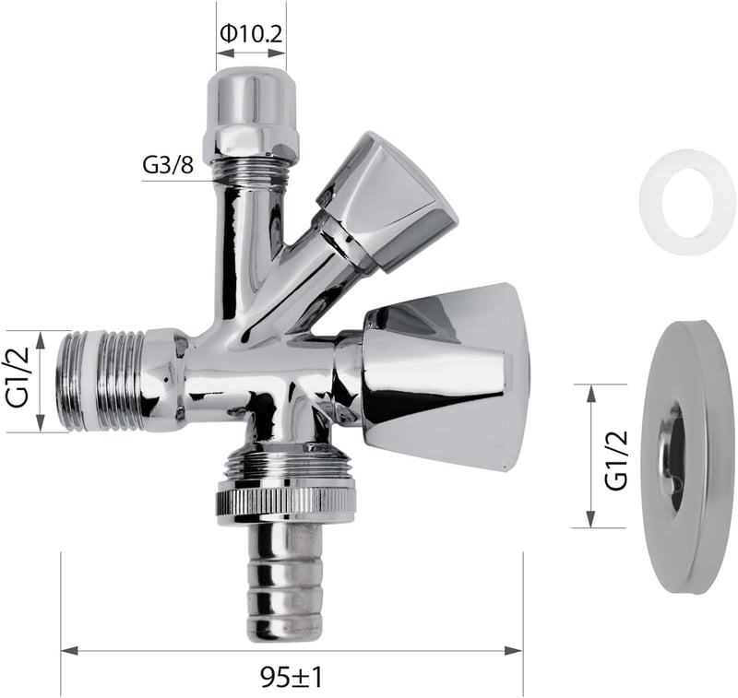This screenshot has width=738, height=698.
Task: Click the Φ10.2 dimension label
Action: point(251,33)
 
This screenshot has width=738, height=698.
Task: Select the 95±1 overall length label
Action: point(292,678)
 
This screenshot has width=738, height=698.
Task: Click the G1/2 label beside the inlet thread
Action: point(18,378)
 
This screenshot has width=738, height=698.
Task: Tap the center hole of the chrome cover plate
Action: point(673,459)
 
